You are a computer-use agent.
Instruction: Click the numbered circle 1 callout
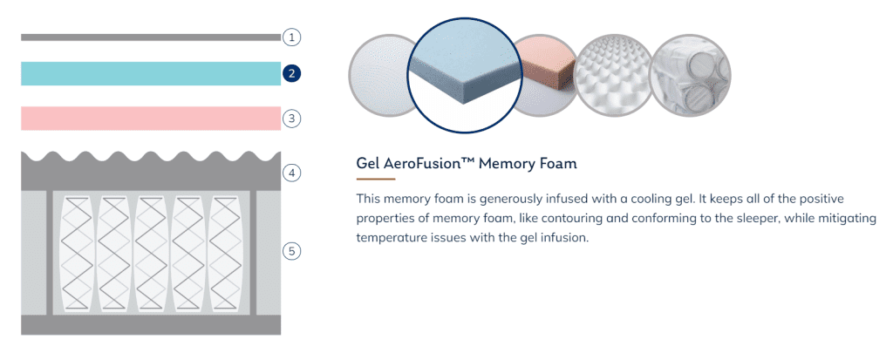point(291,37)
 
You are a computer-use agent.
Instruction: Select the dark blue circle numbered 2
point(291,73)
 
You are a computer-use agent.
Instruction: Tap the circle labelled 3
point(291,119)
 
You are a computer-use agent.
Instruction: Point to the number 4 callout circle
point(291,173)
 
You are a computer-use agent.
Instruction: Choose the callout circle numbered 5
point(291,251)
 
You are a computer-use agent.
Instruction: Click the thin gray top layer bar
point(151,37)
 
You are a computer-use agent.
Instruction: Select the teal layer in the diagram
point(151,73)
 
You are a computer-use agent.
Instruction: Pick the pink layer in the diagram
point(151,119)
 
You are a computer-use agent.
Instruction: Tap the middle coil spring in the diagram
point(151,254)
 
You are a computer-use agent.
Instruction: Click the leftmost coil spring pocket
point(76,254)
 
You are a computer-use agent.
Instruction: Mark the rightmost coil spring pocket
point(226,254)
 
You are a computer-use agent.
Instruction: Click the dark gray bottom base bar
point(151,324)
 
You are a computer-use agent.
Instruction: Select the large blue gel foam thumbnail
point(465,76)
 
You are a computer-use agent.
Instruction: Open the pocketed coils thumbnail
point(691,76)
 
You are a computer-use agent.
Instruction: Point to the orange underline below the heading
point(376,180)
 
